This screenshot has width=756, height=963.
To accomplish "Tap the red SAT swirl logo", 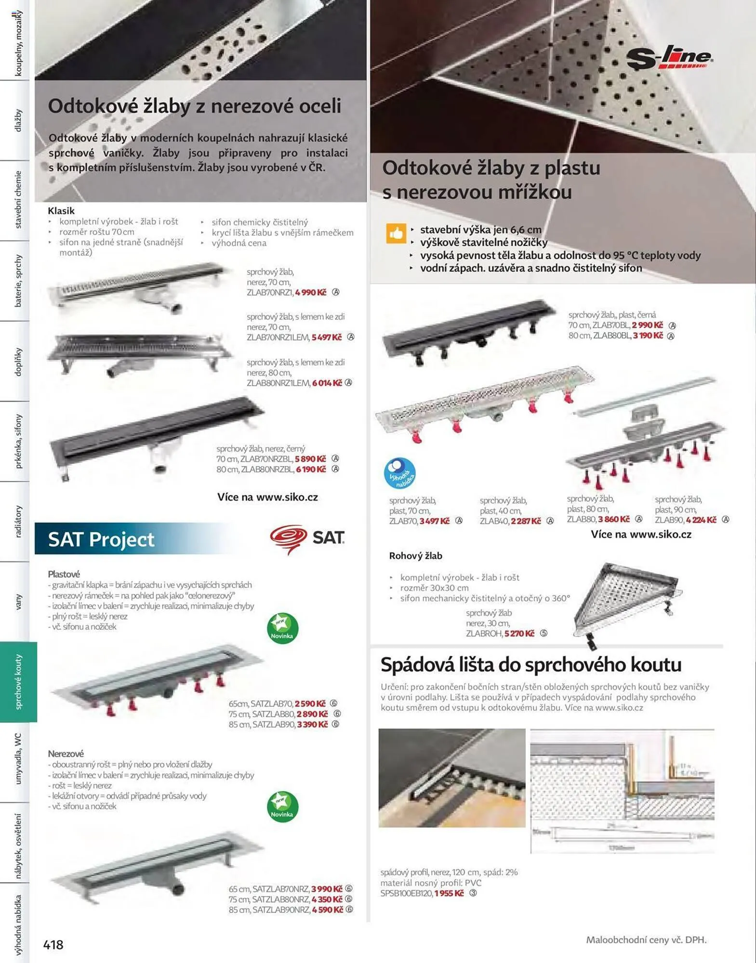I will point(288,538).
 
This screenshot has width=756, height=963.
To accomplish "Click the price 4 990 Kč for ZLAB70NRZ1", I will point(310,292).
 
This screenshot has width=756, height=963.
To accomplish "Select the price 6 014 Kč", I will point(327,383).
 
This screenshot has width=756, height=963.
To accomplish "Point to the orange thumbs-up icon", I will point(396,234).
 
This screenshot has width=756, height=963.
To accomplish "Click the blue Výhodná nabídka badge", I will point(399,473).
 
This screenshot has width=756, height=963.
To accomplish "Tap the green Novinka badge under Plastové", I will point(282,628).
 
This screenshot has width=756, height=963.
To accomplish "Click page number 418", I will point(53,944).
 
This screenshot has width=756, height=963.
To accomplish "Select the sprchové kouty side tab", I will point(18,681).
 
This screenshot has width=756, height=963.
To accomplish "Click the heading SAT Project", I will point(101,539).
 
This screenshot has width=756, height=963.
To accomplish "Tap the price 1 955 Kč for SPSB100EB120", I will point(449,893).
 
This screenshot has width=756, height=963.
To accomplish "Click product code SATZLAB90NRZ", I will point(281,910).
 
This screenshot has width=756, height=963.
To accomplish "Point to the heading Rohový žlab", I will point(415,556).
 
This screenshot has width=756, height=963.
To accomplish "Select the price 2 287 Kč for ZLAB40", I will point(526,521).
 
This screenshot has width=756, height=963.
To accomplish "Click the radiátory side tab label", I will point(18,521).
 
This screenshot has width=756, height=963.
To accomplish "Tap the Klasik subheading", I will point(61,210).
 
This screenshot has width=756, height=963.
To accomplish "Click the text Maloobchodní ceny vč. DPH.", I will point(646,939).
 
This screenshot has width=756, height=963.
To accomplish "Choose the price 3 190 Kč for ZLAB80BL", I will point(648,336).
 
